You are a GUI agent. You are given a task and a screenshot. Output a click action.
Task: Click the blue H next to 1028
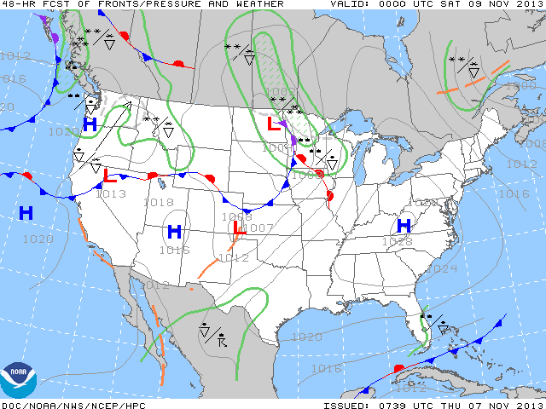coord(404,226)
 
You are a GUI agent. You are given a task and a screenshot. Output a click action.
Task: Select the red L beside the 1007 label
coord(240,228)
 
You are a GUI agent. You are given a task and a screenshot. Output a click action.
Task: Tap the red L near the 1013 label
coord(110,176)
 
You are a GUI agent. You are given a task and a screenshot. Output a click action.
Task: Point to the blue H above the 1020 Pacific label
coord(26,213)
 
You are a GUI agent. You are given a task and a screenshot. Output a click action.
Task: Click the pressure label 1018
coord(160,203)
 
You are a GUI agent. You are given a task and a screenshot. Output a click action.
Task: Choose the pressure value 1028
coord(398,242)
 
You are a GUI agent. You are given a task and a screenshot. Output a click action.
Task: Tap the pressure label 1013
coord(111,193)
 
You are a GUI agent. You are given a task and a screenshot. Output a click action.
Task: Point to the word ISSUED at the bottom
coord(346,405)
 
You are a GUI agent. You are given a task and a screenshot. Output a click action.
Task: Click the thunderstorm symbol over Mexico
coord(222,343)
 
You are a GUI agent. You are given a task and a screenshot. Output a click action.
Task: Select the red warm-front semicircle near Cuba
coord(398,368)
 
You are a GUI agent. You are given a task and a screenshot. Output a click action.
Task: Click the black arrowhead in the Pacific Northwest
coord(127,106)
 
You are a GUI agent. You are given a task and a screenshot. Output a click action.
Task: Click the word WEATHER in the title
coord(257,4)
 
